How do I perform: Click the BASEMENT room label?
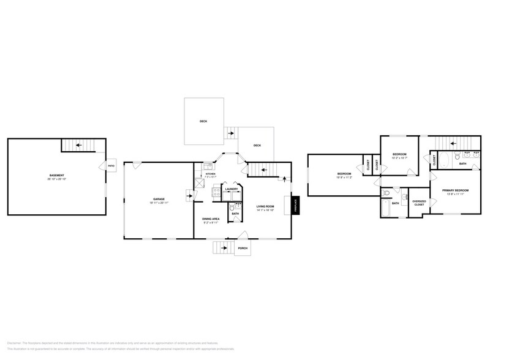coord(57,176)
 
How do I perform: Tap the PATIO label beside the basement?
coord(111,166)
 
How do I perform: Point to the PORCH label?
coord(243,248)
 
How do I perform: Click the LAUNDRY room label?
coord(231,189)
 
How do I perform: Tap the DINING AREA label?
coord(211,218)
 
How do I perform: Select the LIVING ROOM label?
coord(265,206)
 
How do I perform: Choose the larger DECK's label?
coord(203,121)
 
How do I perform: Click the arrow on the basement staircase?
coord(79,146)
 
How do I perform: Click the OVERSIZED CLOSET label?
coord(419,203)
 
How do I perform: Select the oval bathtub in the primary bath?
coord(444,160)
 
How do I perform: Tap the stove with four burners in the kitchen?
coord(216,192)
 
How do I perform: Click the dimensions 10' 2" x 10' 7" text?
coord(399,158)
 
